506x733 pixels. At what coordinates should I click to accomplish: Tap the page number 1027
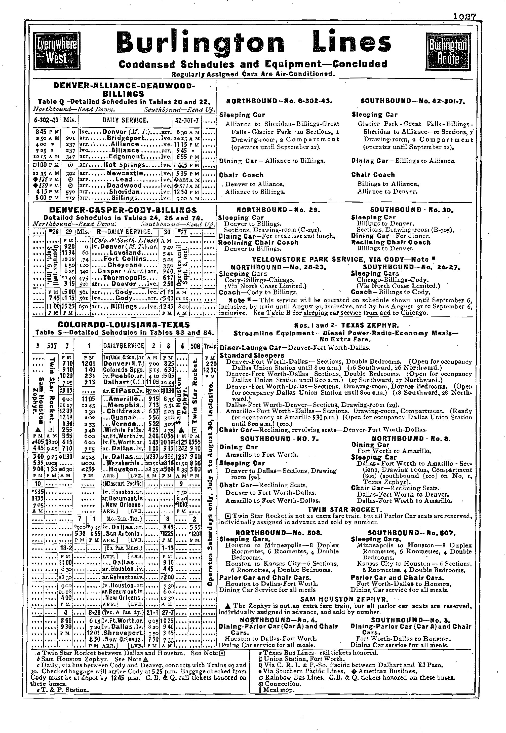click(x=465, y=17)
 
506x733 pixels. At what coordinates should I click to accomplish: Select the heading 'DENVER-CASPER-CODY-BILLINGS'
click(x=123, y=210)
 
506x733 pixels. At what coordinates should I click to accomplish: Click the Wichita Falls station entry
click(x=123, y=430)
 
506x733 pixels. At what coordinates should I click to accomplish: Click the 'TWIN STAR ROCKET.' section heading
click(x=345, y=510)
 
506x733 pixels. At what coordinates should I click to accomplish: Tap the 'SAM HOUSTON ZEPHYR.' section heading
click(x=344, y=599)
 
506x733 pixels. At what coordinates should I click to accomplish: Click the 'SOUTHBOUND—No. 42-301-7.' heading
click(x=413, y=101)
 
